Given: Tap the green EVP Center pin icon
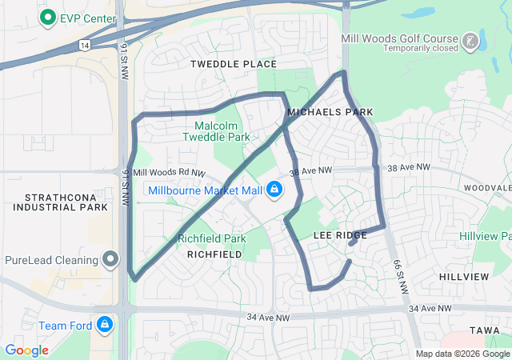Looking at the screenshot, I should (48, 16).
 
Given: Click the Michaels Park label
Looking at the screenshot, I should (330, 113).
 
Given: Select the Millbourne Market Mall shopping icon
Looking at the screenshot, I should (274, 189).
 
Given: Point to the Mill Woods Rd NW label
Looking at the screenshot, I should (169, 173).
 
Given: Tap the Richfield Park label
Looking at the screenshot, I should (211, 238).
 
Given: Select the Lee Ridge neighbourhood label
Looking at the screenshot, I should (340, 235).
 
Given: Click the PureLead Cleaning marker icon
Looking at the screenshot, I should (110, 259).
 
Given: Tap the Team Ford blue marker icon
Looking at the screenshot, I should (104, 325).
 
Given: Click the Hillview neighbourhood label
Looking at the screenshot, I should (464, 276).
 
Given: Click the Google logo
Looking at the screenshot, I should (26, 350).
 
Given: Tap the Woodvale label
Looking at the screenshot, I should (486, 187).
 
